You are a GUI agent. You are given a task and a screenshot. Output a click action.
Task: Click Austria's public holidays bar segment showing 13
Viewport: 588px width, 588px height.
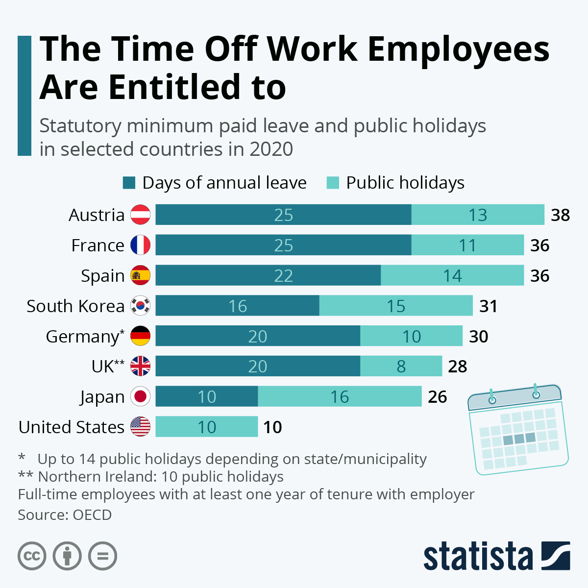pos(478,215)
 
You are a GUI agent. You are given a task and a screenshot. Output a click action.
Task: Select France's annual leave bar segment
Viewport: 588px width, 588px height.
pos(283,245)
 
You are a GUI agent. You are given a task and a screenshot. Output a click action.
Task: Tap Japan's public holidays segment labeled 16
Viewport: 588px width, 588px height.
pos(340,396)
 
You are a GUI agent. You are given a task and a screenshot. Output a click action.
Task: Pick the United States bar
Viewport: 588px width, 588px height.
pos(206,427)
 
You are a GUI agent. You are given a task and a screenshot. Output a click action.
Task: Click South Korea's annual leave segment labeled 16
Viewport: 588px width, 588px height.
pos(237,306)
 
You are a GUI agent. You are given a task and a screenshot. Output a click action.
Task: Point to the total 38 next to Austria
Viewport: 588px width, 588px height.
pos(560,215)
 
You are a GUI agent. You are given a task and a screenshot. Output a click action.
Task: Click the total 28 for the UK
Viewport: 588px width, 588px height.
pos(457,366)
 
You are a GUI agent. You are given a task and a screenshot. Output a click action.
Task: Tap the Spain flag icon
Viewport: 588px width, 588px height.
pos(141,275)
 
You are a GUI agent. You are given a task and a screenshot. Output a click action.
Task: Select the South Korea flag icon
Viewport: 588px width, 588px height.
pos(141,306)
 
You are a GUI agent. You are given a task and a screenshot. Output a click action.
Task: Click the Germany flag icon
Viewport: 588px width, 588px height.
pos(141,336)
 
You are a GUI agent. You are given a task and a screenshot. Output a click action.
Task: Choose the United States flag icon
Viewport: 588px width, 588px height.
pos(141,427)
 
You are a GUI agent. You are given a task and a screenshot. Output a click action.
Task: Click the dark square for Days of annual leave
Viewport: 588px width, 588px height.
pos(129,183)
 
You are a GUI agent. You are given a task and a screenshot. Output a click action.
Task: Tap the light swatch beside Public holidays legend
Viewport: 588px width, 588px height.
pos(333,183)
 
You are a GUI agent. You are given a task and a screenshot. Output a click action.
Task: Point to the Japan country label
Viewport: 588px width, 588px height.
pos(102,397)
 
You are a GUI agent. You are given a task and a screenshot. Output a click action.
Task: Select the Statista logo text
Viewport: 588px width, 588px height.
pos(478,557)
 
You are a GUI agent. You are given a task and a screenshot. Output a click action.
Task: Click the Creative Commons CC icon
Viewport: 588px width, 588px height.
pos(32,556)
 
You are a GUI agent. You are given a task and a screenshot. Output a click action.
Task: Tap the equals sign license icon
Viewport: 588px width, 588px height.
pos(103,556)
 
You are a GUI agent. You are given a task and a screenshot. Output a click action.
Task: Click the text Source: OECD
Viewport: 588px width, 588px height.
pos(65,515)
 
